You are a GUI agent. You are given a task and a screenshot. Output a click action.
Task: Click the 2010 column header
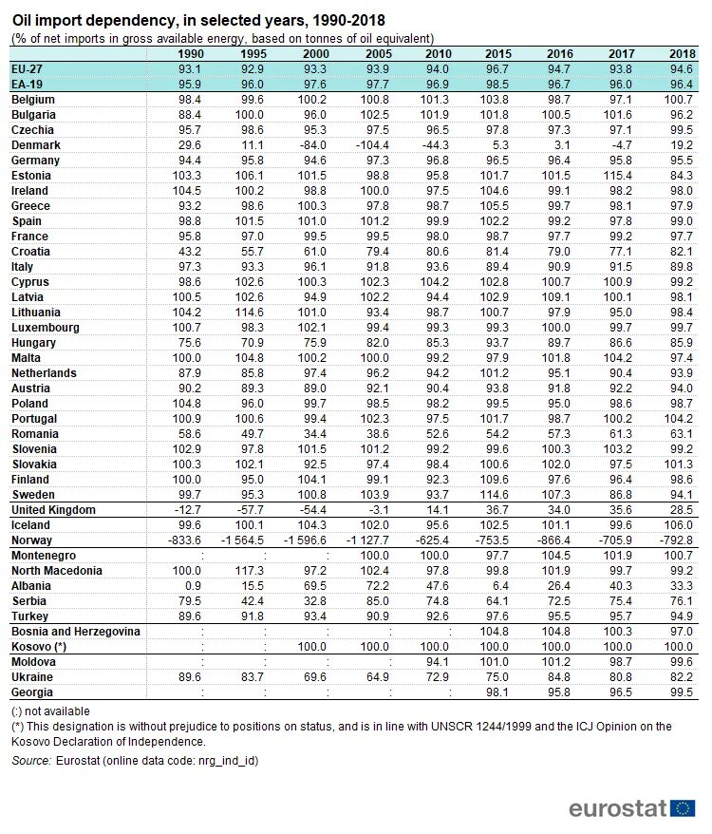tap(438, 53)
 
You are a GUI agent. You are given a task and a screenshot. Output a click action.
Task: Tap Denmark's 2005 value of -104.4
tap(373, 145)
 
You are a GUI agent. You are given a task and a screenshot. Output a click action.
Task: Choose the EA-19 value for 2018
tap(680, 85)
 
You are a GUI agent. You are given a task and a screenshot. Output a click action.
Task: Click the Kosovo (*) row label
tap(43, 647)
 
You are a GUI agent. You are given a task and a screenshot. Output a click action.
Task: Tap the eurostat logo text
tap(618, 808)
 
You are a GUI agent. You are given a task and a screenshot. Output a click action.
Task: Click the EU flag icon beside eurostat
tap(683, 808)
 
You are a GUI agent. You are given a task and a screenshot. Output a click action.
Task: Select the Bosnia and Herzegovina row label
tap(76, 632)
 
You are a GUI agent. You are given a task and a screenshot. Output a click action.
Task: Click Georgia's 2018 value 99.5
tap(680, 692)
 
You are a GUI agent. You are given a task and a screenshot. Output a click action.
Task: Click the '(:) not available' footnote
tap(50, 711)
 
